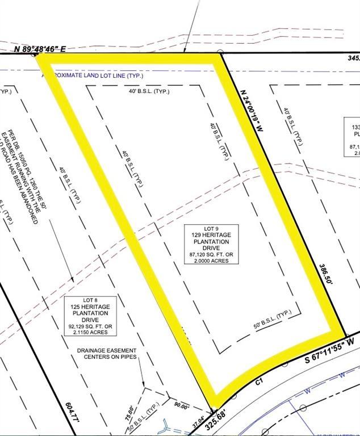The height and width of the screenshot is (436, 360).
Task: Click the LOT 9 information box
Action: point(212,244)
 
